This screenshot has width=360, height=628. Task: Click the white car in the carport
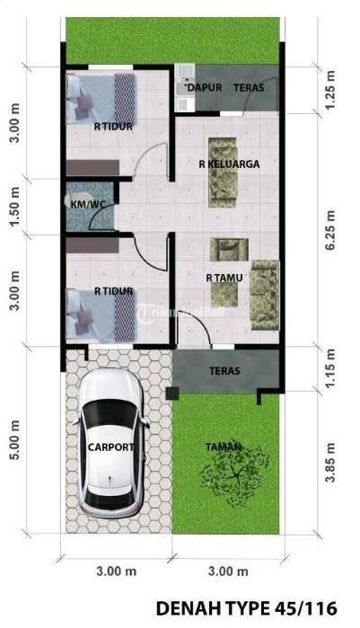coord(110,443)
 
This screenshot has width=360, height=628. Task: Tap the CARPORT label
coord(110,447)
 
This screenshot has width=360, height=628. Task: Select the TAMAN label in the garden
coord(224,447)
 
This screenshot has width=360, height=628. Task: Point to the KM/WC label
coord(87,204)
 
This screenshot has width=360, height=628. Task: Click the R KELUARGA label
coord(229,164)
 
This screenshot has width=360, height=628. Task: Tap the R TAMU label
coord(224,278)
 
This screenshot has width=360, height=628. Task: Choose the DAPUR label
coord(205,87)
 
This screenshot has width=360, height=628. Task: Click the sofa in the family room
coord(223,172)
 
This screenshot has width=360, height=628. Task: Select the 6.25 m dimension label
coord(331,230)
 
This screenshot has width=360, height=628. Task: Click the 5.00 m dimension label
coord(14,439)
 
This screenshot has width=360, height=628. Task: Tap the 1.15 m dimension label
coord(330,368)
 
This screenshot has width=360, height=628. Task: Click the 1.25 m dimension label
coord(330,90)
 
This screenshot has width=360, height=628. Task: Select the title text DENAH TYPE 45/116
coord(246,608)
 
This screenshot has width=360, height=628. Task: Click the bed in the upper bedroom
coord(101,99)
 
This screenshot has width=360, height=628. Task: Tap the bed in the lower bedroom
coord(101,316)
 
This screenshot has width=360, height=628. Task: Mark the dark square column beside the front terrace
coord(172,394)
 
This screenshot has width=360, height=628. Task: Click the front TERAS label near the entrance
coord(224,371)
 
